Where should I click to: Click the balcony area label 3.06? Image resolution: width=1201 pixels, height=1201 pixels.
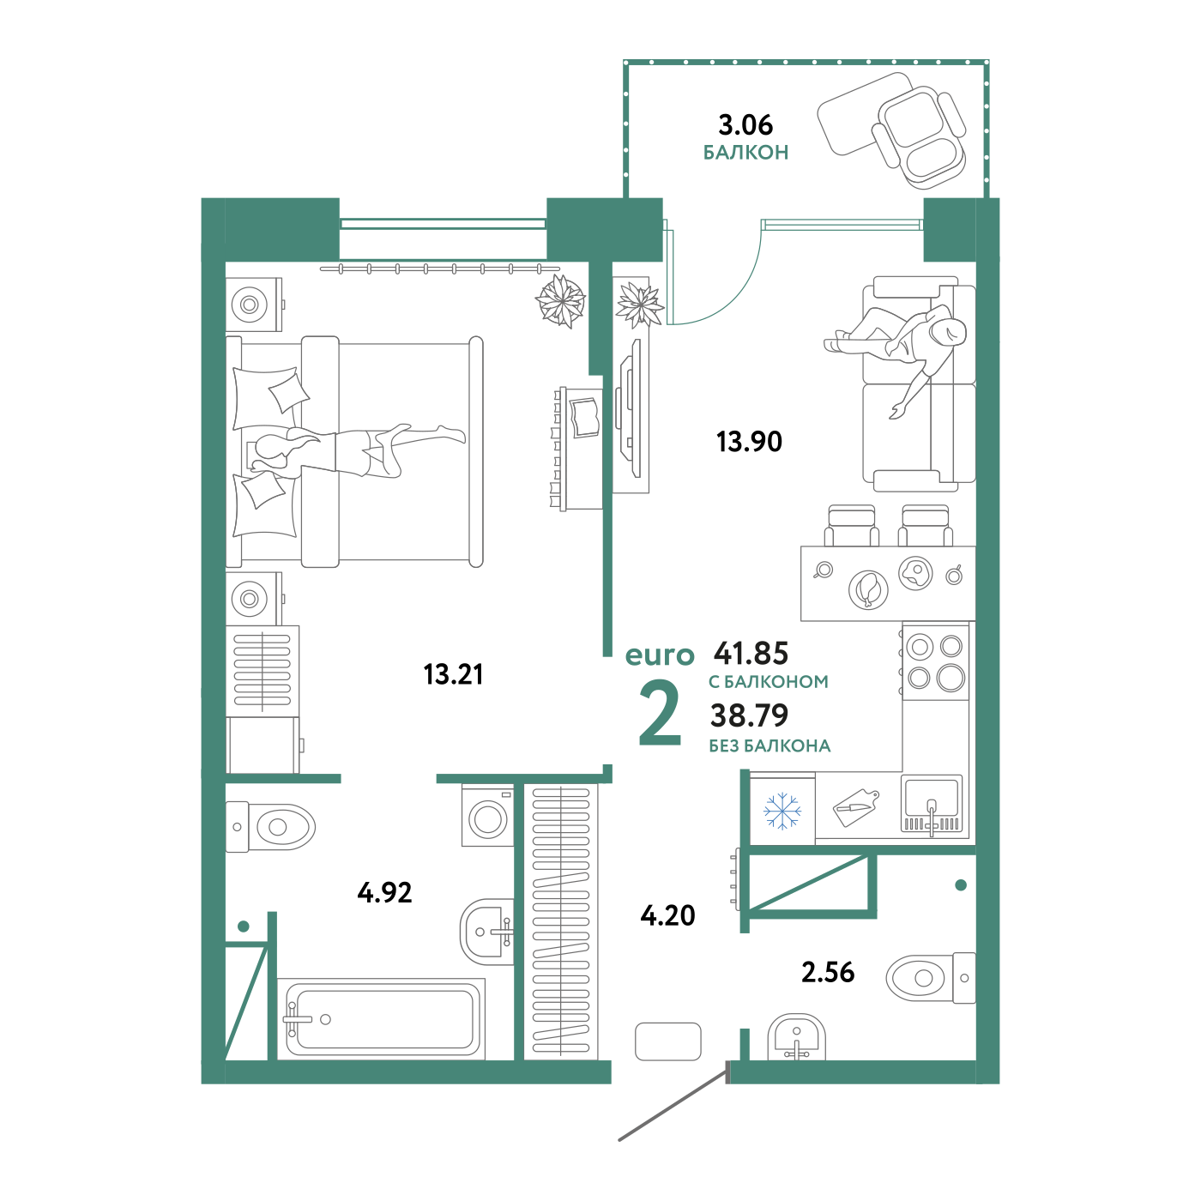coord(745,125)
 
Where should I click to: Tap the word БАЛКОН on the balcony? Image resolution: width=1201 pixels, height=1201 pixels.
coord(745,152)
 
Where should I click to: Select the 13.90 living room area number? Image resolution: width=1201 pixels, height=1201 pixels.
coord(749,442)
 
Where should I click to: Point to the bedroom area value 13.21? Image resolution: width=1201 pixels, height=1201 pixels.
coord(453,674)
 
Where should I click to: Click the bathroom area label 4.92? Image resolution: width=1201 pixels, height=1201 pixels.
coord(384,893)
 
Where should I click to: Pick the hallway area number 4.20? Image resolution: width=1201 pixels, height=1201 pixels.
coord(667,915)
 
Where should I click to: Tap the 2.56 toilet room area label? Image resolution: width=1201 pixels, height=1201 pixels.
coord(827,972)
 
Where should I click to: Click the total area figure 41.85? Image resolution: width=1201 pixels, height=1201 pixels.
coord(751,653)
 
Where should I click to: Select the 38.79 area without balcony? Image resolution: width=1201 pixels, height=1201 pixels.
coord(749,715)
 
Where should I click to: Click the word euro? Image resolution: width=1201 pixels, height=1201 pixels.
coord(660,655)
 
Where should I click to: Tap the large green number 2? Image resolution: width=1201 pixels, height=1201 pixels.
coord(660,714)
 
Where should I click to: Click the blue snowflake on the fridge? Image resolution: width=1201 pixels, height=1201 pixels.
coord(782,811)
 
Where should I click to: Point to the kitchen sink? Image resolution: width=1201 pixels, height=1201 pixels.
coord(931,806)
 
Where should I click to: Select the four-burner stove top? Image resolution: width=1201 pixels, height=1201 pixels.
coord(936,663)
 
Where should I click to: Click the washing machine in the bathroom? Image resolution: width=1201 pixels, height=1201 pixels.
coord(487,816)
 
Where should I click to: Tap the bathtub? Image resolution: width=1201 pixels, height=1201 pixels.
coord(381,1018)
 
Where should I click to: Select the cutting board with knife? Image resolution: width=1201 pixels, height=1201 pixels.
coord(856,808)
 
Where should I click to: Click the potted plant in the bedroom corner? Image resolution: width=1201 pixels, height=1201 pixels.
coord(560,301)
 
